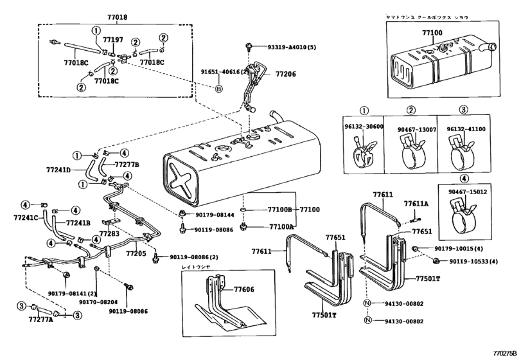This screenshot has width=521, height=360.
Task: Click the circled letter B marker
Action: tap(218, 88)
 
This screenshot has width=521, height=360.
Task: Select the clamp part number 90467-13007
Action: tap(411, 129)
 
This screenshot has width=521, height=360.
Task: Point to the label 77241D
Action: tap(60, 171)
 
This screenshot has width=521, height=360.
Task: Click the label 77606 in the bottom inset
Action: tap(244, 291)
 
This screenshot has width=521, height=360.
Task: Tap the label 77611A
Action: tap(416, 204)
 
